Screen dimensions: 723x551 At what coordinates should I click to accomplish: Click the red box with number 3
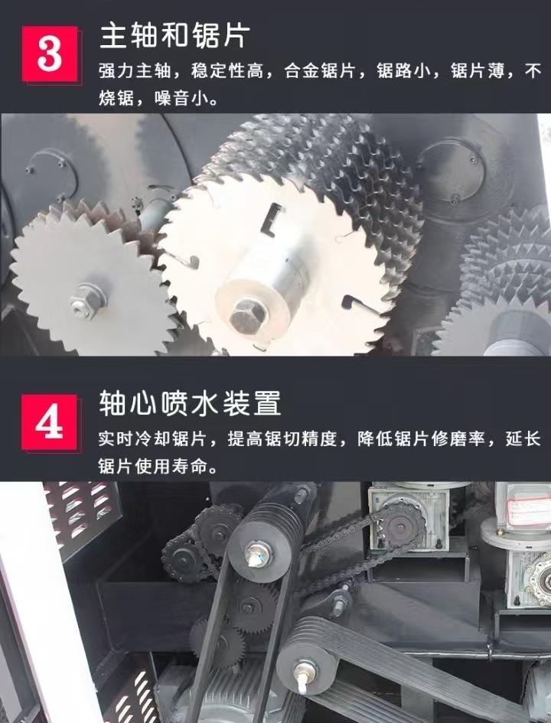[50, 54]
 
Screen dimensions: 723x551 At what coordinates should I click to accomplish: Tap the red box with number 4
[50, 422]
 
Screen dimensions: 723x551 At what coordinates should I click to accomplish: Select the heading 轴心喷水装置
[190, 402]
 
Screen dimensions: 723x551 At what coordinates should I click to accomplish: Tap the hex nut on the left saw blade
[85, 300]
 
